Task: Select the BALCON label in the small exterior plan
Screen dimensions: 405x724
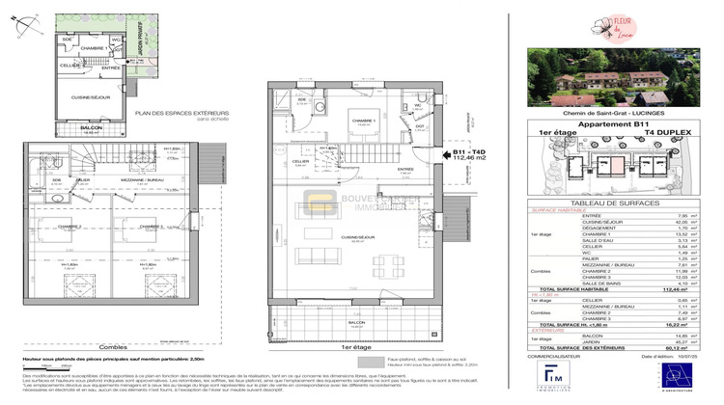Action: (91, 128)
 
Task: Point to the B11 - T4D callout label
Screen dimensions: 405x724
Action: (471, 152)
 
